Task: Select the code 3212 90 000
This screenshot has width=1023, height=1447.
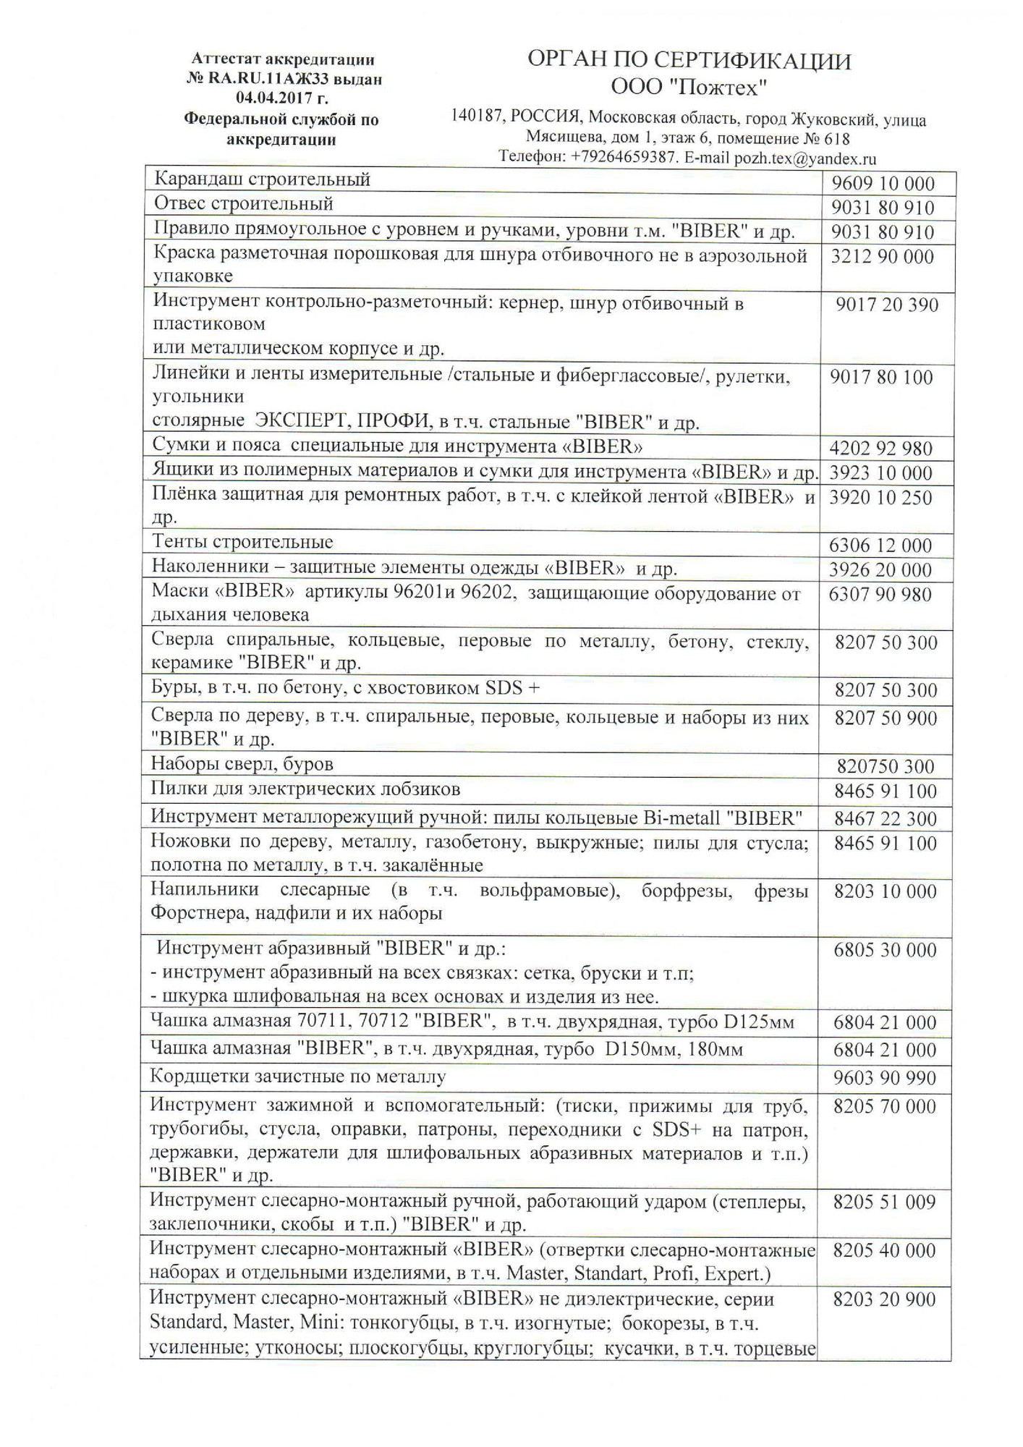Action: tap(882, 257)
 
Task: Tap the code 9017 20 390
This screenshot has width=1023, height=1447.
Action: tap(886, 305)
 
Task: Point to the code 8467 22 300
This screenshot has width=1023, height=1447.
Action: tap(886, 819)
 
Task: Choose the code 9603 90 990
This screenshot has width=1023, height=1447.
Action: tap(885, 1078)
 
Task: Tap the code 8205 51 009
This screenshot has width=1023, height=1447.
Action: tap(884, 1202)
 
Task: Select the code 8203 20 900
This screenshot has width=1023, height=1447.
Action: tap(884, 1299)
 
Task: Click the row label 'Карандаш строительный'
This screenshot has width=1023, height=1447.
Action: tap(263, 179)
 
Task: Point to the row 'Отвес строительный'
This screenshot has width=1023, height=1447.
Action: tap(244, 203)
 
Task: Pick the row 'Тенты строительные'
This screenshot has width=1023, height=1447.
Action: tap(242, 542)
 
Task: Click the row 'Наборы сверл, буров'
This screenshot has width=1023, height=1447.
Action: tap(242, 764)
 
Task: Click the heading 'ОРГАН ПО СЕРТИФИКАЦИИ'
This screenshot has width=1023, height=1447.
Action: tap(689, 61)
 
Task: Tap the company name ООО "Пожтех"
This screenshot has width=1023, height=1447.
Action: tap(689, 88)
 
